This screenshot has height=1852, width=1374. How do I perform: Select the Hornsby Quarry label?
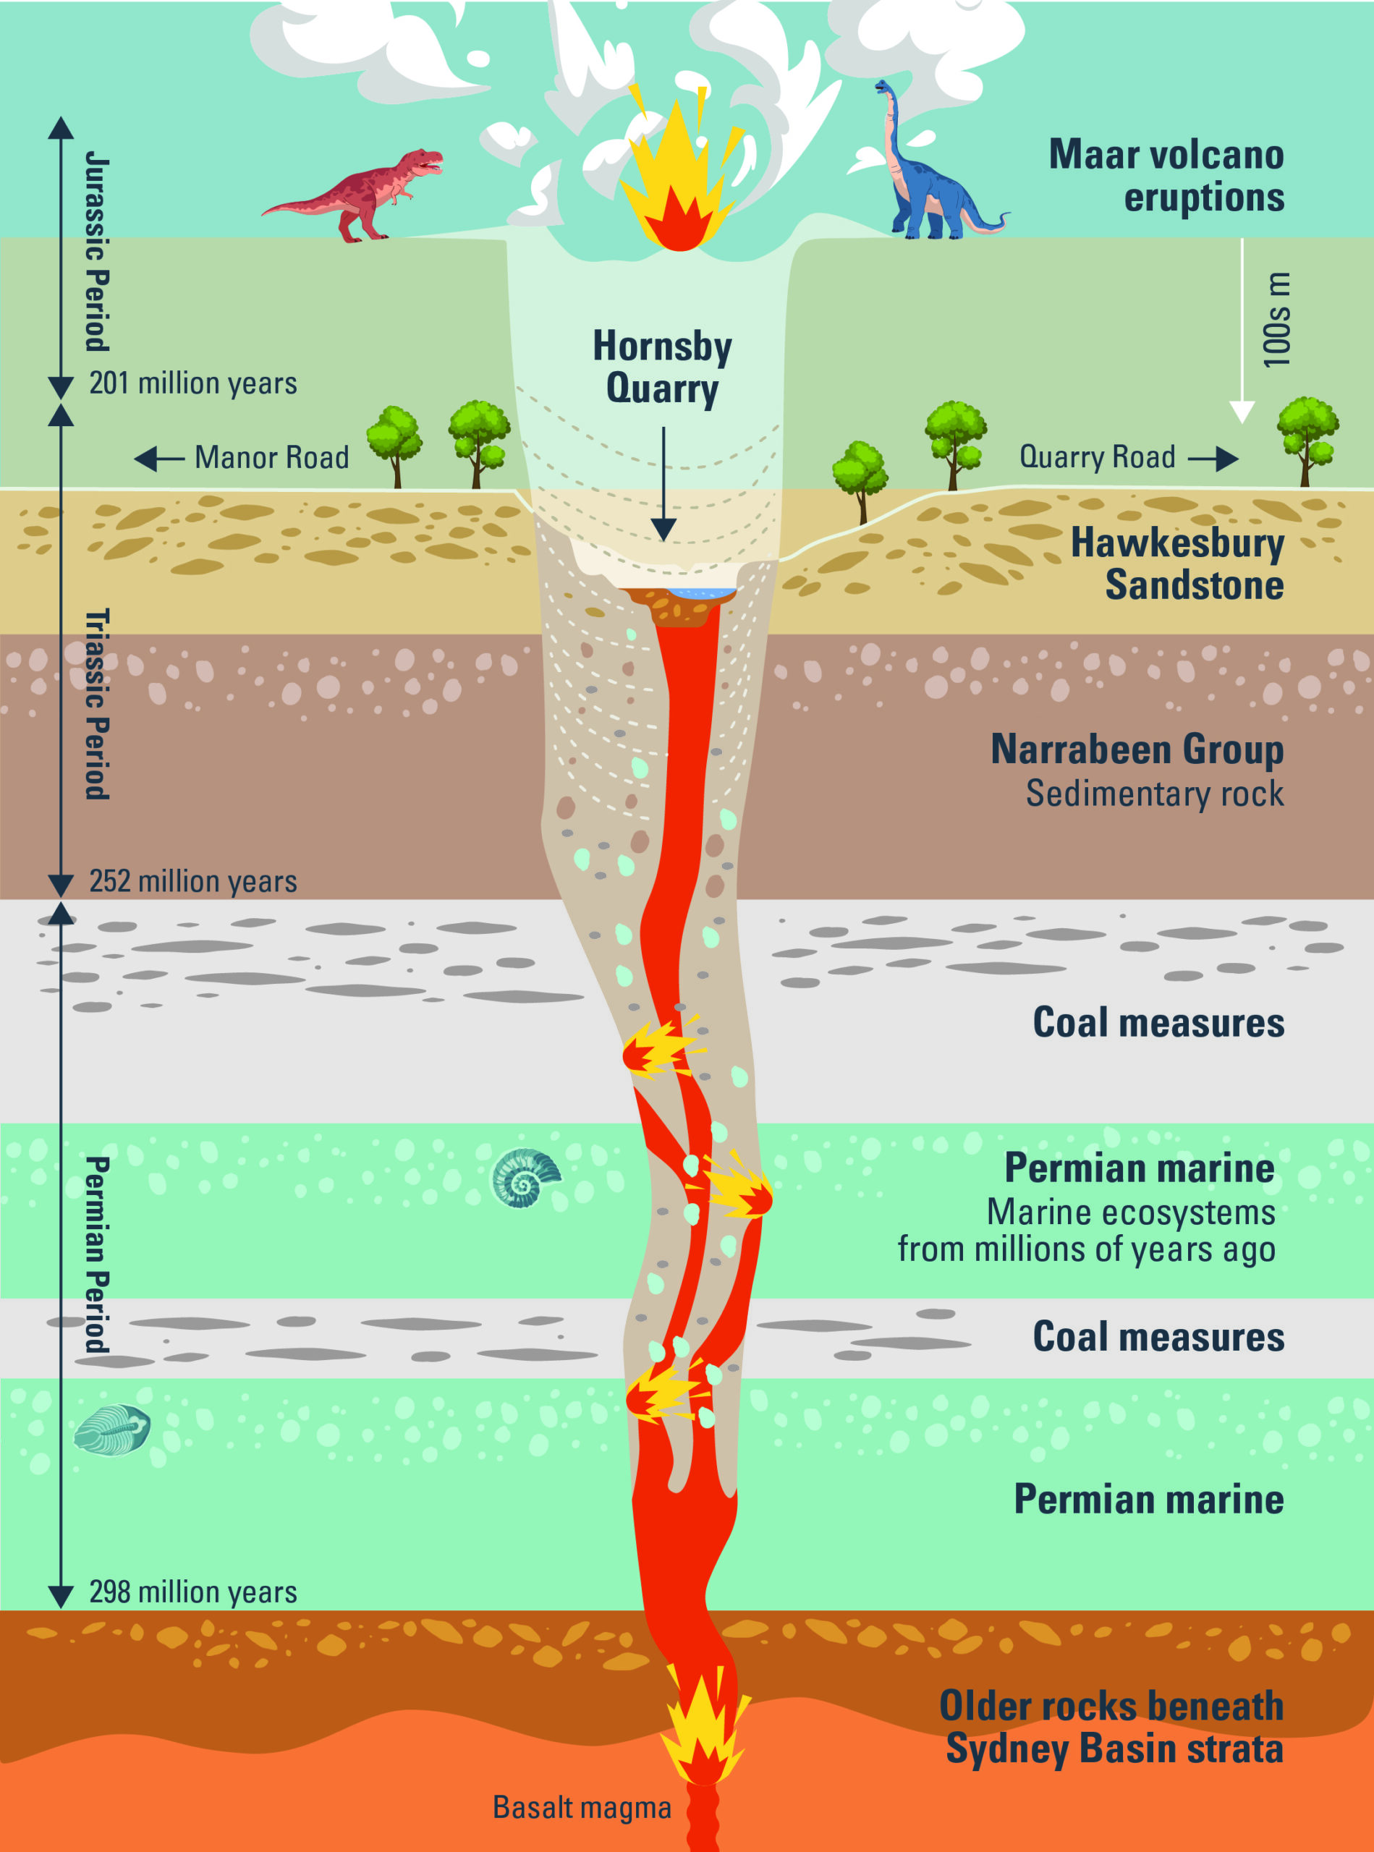(x=662, y=367)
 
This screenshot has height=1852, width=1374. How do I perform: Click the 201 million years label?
(x=193, y=383)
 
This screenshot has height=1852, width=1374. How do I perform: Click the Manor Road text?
(x=271, y=457)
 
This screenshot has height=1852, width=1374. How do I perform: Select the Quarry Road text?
(x=1097, y=456)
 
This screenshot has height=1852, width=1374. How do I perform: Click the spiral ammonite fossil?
(x=524, y=1178)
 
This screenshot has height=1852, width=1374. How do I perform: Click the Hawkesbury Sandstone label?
(x=1177, y=564)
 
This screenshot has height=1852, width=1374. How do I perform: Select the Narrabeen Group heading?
(x=1137, y=749)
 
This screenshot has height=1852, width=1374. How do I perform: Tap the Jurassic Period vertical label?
(x=97, y=251)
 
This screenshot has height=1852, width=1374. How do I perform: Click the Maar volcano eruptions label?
(x=1166, y=177)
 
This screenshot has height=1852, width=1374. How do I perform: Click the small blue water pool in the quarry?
(x=703, y=594)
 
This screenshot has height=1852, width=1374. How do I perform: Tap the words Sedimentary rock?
(x=1155, y=794)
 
